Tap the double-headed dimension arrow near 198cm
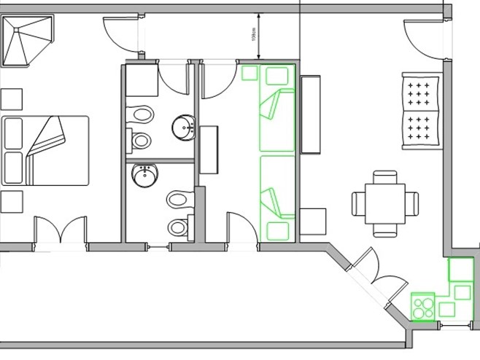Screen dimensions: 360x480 pyautogui.click(x=258, y=36)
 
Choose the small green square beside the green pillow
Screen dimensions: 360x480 pyautogui.click(x=249, y=73)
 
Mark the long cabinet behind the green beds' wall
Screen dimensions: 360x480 pyautogui.click(x=311, y=114)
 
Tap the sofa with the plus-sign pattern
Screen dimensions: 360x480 pyautogui.click(x=422, y=113)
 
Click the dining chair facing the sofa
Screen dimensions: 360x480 pyautogui.click(x=385, y=177)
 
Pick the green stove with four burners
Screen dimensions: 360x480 pyautogui.click(x=422, y=305)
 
